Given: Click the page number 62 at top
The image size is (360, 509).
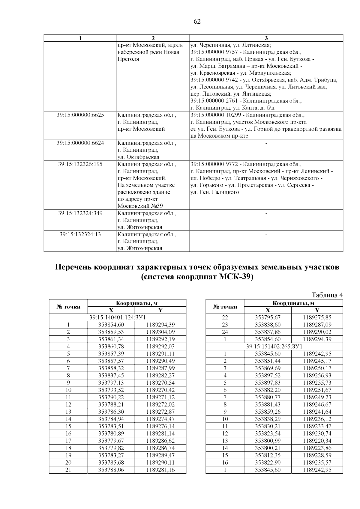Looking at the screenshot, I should [197, 22].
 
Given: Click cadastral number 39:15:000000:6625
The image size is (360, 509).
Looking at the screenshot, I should [80, 115].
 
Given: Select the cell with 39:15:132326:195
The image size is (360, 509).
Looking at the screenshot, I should [80, 164].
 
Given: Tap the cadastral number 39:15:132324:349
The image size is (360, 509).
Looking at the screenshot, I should [80, 213].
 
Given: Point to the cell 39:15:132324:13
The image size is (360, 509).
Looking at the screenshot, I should [80, 234].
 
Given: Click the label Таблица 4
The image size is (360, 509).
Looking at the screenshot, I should [327, 295].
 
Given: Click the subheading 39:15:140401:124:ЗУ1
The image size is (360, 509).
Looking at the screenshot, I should [118, 317].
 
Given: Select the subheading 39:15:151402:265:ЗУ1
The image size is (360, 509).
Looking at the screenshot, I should [274, 347].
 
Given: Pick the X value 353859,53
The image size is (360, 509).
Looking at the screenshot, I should [111, 332].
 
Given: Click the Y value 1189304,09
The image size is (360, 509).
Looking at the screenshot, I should [160, 332].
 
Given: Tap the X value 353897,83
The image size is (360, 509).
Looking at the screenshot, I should [268, 383].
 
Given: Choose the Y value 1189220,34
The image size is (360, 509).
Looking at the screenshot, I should [317, 441].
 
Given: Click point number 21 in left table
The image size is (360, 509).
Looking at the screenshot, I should [68, 470].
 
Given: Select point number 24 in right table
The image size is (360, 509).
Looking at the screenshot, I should [225, 332].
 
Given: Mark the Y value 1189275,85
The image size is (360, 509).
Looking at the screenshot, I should [317, 317].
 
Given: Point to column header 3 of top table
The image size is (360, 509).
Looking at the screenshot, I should [266, 38].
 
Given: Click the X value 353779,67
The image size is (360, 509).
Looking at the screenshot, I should [111, 441].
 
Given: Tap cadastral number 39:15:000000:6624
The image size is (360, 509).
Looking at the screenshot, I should [80, 143].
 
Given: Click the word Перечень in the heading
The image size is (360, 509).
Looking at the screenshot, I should [73, 267].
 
